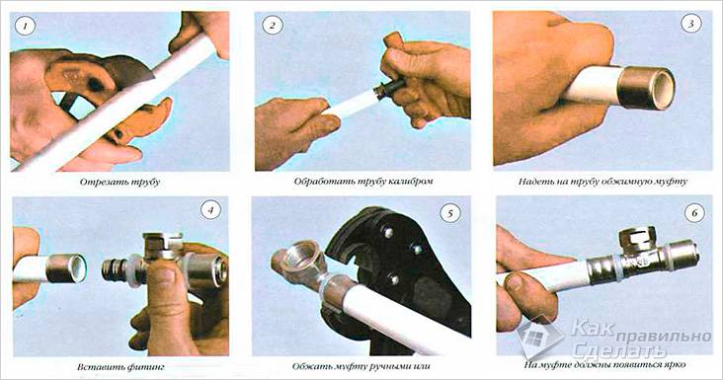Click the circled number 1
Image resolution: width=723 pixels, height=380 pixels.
point(25,26)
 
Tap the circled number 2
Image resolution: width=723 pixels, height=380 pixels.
point(272,26)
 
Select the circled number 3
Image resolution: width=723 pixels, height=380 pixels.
point(690,25)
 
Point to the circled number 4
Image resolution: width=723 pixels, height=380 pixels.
point(210,210)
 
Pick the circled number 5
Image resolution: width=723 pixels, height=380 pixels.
point(449,213)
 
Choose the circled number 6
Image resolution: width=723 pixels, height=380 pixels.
point(694,213)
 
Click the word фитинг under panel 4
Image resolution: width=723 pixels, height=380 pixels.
point(147,367)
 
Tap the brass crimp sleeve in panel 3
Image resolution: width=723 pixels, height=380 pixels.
point(645,88)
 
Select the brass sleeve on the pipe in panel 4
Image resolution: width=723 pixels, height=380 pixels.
point(66,267)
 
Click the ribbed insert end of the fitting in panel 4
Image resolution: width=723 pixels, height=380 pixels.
point(114,271)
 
